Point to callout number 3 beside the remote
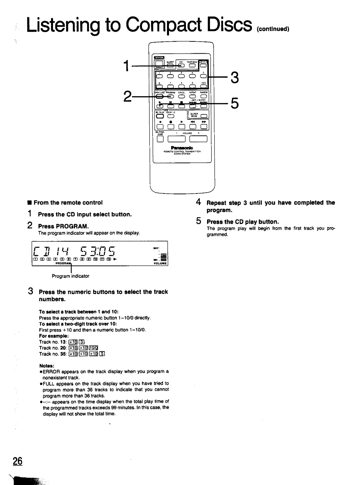235,78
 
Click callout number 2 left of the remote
127,96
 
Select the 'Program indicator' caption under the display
70,276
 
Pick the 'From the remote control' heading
68,202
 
